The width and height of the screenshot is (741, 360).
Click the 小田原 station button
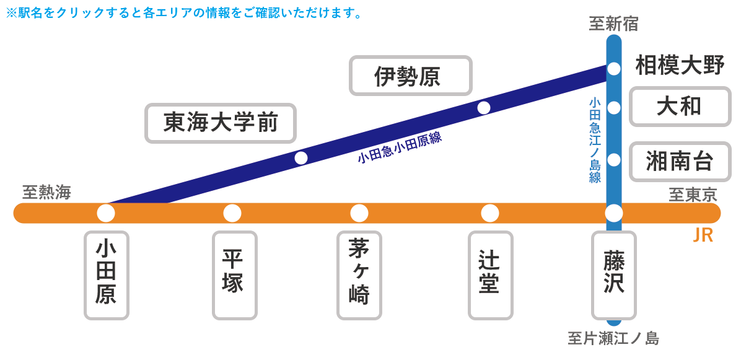tap(107, 275)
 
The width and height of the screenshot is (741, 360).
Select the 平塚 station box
tap(235, 275)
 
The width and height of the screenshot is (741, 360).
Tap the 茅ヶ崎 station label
tap(359, 275)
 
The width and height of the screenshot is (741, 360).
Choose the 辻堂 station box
tap(491, 275)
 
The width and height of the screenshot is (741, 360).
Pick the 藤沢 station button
tap(615, 275)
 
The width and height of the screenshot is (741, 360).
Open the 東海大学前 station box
tap(221, 123)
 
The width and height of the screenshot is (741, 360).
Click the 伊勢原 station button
tap(411, 76)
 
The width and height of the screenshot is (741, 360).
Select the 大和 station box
tap(680, 107)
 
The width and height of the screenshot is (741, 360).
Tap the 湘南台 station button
tap(680, 162)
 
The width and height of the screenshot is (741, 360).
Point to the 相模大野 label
tap(680, 66)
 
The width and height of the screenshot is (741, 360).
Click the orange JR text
tap(703, 235)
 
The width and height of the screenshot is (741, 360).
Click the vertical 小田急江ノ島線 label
tap(595, 140)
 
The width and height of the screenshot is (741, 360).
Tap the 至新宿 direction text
tap(613, 24)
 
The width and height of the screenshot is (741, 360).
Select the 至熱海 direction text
tap(47, 193)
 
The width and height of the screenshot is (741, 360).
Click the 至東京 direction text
tap(693, 195)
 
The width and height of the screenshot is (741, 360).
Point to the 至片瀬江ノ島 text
tap(613, 338)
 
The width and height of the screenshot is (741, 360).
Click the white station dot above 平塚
tap(232, 213)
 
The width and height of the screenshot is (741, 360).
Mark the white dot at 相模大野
tap(614, 69)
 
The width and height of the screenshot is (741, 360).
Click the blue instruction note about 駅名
tap(184, 13)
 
